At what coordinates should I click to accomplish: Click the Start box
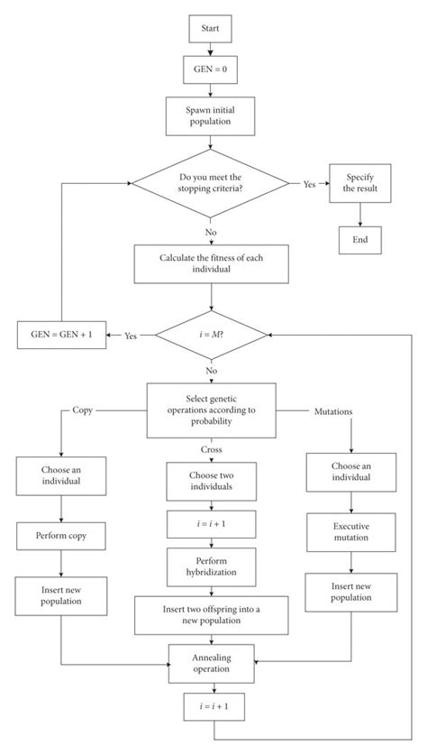[211, 29]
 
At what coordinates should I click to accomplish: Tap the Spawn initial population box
[211, 115]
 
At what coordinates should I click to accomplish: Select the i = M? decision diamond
[211, 335]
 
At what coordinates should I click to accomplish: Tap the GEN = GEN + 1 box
[59, 335]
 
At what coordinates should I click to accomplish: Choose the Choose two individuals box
[211, 480]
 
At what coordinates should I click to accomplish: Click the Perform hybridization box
[211, 568]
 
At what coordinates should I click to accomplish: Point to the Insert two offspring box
[211, 615]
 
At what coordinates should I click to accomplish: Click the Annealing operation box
[211, 665]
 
